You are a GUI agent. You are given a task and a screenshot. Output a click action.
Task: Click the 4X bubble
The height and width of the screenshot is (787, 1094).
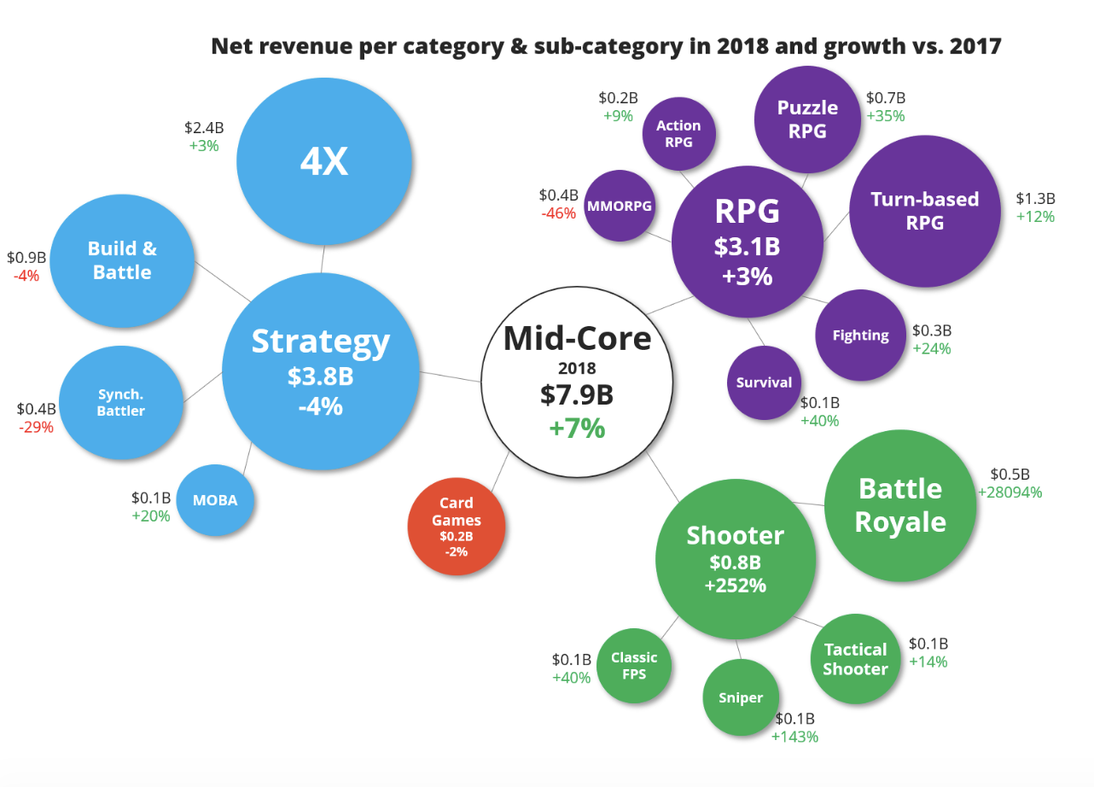324,162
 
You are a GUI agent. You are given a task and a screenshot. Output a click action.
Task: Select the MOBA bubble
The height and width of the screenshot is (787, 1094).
217,500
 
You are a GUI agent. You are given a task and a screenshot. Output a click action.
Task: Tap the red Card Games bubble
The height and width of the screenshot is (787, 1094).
457,526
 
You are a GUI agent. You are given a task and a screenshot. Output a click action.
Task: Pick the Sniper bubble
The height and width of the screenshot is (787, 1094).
740,697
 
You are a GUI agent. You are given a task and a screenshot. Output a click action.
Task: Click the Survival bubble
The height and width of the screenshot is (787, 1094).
764,382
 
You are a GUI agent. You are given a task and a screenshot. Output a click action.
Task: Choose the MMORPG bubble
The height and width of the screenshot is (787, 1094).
620,206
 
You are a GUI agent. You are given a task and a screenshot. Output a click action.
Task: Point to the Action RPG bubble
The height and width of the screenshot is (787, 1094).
678,134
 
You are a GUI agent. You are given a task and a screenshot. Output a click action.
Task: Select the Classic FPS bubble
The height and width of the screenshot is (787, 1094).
634,666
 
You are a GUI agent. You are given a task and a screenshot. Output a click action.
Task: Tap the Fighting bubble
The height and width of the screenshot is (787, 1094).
860,335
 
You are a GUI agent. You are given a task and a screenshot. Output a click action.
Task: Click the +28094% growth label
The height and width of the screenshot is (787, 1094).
1010,493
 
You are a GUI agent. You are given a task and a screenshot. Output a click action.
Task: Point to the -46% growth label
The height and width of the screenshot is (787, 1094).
558,213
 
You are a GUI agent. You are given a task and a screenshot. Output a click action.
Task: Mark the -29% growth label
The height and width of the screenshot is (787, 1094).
36,427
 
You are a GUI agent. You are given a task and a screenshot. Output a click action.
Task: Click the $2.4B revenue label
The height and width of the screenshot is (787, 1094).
204,128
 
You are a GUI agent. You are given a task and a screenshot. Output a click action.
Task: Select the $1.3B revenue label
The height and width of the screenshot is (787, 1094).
1035,198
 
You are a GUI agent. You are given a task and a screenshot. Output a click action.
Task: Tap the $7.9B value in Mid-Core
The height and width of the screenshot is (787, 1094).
576,395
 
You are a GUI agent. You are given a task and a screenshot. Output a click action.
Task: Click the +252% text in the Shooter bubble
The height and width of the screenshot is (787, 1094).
735,586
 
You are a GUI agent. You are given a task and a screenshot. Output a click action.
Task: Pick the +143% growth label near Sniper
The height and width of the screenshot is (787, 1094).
794,736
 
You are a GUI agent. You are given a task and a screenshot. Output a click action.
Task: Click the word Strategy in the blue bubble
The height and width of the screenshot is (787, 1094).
320,341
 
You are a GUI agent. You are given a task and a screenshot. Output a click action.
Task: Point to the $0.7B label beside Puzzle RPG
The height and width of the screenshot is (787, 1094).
886,98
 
